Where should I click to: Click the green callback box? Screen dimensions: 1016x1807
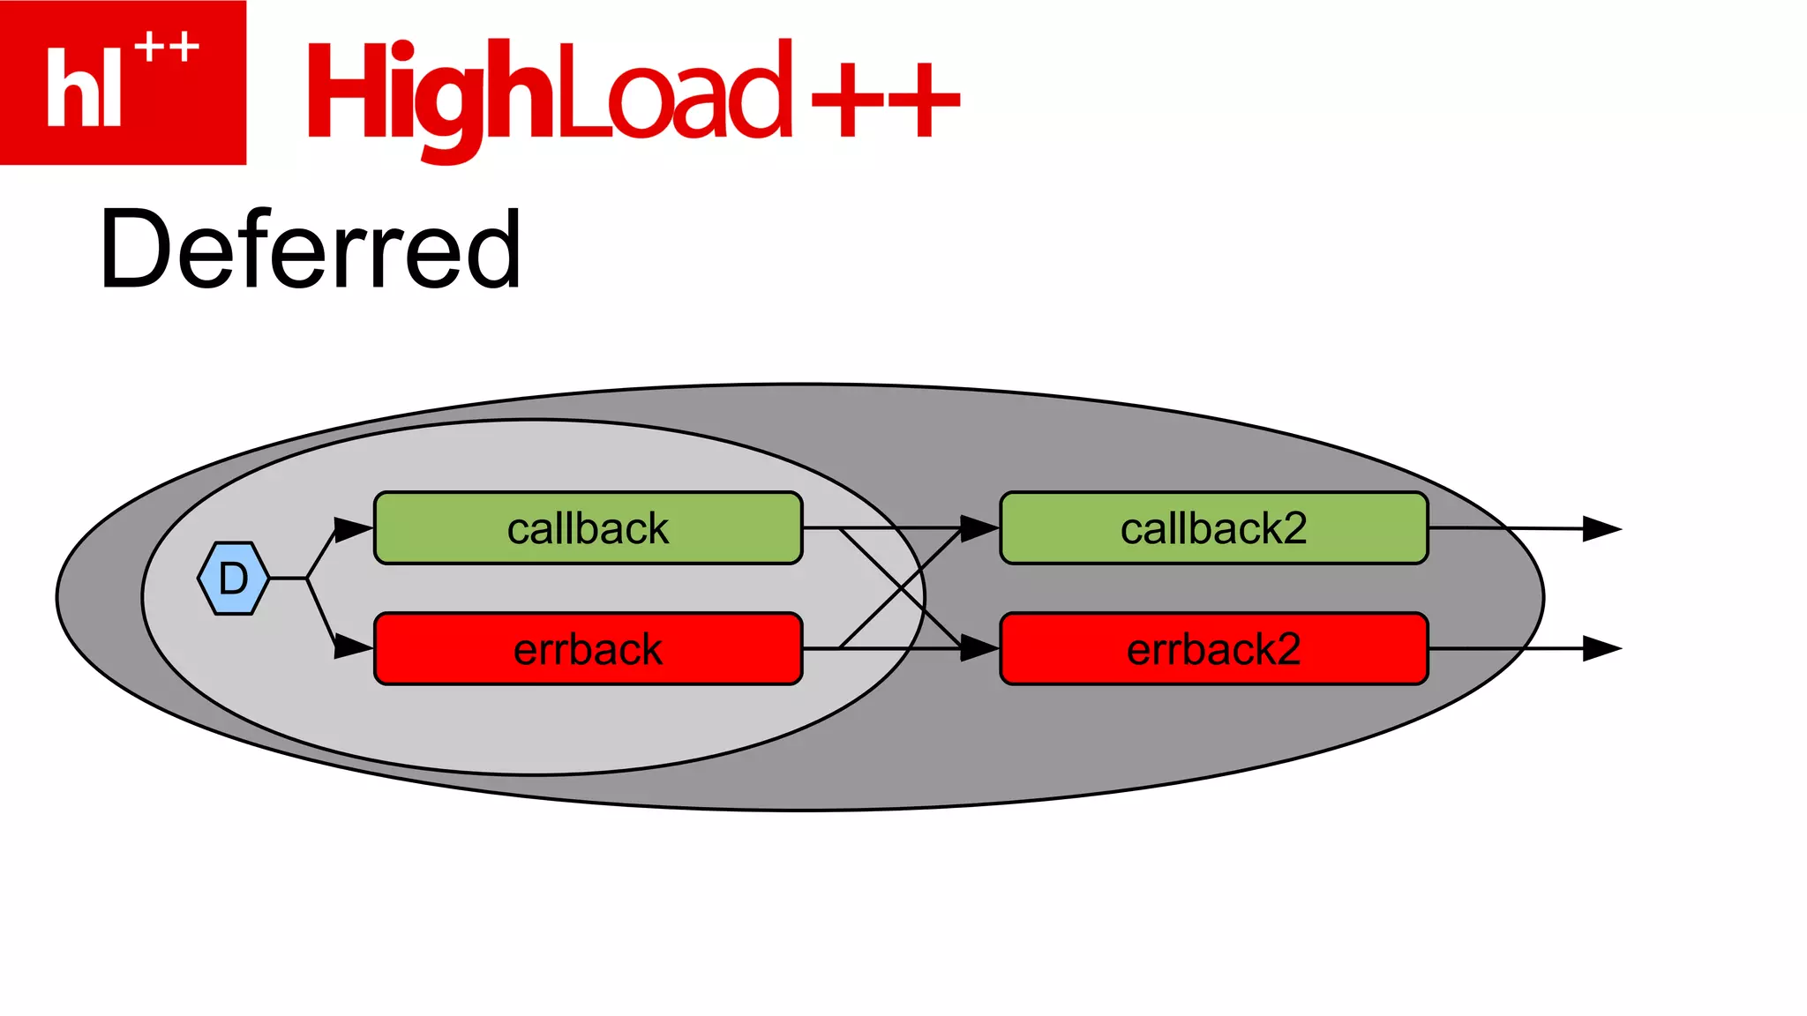coord(588,528)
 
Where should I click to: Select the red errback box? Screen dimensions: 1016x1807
coord(588,649)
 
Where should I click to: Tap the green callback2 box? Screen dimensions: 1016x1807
coord(1213,528)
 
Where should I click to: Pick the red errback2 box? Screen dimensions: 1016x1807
coord(1213,649)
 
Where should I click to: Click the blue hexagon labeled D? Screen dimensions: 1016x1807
coord(233,579)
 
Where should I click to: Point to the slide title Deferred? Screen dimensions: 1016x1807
coord(311,250)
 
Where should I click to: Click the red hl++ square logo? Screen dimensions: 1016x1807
coord(123,82)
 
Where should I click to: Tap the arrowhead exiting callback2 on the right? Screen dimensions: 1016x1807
coord(1601,529)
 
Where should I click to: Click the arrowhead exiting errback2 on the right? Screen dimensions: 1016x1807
coord(1601,649)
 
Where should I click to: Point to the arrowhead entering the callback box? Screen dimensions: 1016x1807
coord(353,530)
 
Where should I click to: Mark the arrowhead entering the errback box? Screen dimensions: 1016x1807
coord(353,646)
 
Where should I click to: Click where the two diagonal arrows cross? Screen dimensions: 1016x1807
coord(900,588)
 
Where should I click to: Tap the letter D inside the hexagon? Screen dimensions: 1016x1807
coord(233,579)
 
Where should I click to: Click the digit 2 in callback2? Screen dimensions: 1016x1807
coord(1294,528)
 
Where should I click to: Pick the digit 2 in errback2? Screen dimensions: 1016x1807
coord(1287,649)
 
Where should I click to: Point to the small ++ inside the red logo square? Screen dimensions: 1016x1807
coord(167,47)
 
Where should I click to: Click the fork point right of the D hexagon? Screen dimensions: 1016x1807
coord(306,579)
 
